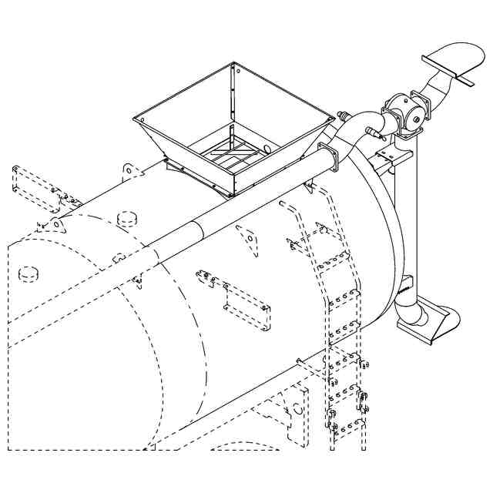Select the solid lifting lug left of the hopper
pyautogui.click(x=130, y=171)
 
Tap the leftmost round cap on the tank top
pyautogui.click(x=29, y=273)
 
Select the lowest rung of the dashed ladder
pyautogui.click(x=346, y=425)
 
